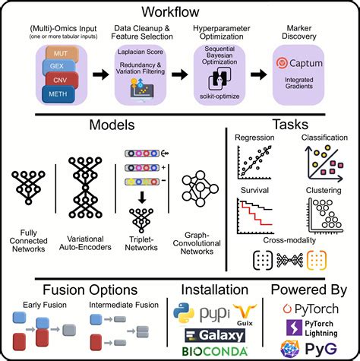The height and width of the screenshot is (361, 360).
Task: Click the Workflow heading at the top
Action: point(180,13)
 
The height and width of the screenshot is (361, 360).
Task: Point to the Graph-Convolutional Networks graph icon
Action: point(201,187)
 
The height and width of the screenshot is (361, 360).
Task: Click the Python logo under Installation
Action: point(183,312)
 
